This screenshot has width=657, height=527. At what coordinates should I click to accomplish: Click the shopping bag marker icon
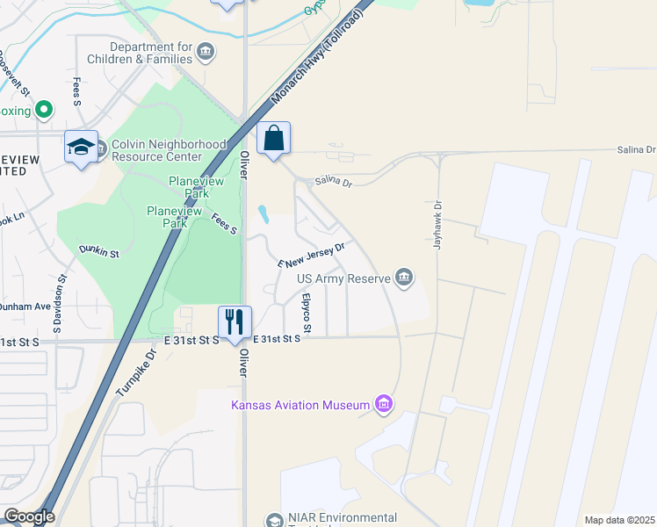point(273,139)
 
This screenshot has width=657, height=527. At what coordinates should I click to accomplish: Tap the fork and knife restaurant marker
point(235,322)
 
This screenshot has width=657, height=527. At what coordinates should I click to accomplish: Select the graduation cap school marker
point(81,147)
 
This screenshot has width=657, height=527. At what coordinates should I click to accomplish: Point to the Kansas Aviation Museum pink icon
point(383,404)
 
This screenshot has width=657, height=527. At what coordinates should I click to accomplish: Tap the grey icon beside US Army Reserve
point(404,278)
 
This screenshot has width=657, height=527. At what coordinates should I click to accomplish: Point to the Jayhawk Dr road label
point(437,227)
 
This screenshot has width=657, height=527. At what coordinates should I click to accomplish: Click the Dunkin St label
point(99,252)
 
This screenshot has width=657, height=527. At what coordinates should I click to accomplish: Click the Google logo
point(29,516)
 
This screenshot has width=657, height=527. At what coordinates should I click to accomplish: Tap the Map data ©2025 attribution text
point(619,520)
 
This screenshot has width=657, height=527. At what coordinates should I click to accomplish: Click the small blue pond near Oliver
point(263,214)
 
